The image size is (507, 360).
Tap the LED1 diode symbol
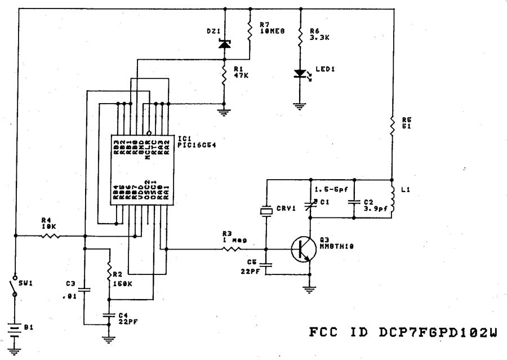pos(300,73)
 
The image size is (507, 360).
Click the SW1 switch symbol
pos(15,285)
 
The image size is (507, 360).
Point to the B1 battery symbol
pos(15,328)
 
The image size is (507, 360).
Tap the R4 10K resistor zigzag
pos(50,237)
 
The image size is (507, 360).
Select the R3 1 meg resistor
pos(233,248)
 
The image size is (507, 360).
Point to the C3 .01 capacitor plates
pos(84,291)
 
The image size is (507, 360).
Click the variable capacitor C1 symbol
pos(310,203)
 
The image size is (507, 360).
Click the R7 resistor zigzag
pos(250,32)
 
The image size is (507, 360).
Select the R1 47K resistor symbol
pos(225,76)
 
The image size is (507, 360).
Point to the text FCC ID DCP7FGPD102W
pos(403,333)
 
